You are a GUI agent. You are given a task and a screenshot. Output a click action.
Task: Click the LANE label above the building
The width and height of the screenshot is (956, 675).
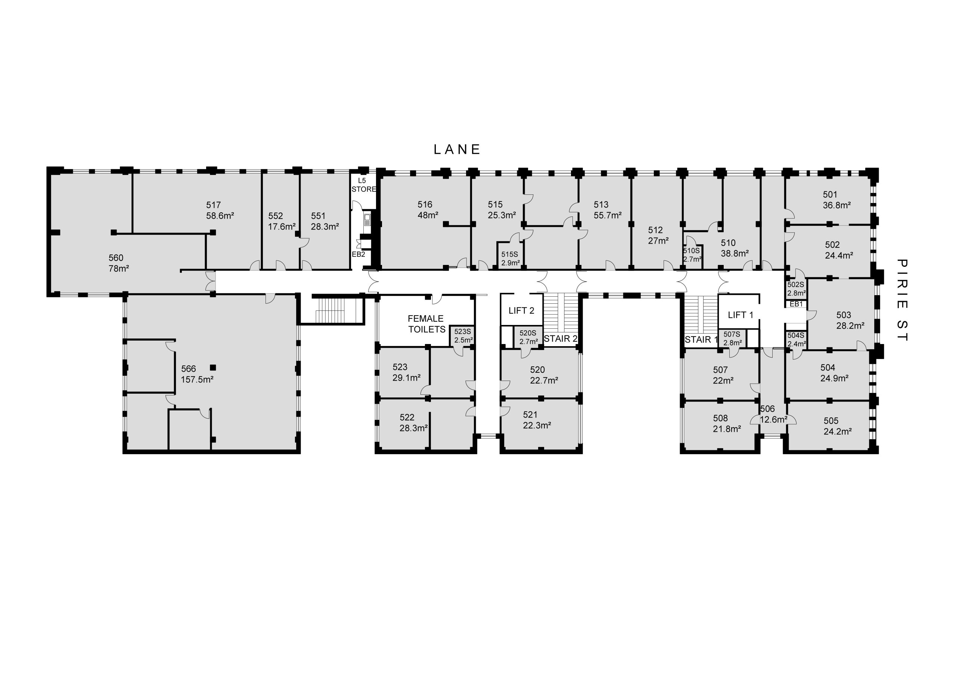click(457, 149)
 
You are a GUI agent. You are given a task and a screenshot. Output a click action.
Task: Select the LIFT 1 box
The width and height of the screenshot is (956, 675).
click(739, 311)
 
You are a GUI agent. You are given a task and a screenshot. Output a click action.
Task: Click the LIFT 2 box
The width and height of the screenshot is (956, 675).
click(522, 310)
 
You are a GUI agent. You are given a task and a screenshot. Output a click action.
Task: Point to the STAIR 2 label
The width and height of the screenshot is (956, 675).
click(561, 339)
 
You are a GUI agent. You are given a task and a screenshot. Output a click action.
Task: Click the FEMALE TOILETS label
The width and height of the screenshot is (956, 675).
click(426, 324)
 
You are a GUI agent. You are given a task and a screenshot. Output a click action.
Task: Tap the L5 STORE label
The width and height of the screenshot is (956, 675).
click(363, 185)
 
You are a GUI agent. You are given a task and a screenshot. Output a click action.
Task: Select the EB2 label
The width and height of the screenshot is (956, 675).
click(358, 254)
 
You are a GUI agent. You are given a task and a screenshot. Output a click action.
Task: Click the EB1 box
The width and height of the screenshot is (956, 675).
click(796, 304)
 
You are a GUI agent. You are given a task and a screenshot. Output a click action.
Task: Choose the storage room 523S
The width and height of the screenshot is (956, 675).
click(463, 335)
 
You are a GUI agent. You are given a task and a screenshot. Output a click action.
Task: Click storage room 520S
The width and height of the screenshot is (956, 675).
click(528, 337)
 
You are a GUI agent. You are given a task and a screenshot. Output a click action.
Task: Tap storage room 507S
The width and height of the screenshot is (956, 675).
click(732, 338)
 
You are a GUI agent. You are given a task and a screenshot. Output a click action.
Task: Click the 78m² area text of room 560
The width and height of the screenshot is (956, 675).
click(119, 269)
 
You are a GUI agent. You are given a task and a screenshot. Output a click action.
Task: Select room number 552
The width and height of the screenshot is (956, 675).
click(275, 216)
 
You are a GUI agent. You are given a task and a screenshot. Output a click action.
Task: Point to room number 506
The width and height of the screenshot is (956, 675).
click(767, 409)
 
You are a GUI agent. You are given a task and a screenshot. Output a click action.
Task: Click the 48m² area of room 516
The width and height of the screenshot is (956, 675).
click(428, 215)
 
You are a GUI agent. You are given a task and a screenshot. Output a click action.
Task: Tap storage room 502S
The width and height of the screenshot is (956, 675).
click(796, 289)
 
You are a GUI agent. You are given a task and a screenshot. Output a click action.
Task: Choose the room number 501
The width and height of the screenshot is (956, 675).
click(830, 194)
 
